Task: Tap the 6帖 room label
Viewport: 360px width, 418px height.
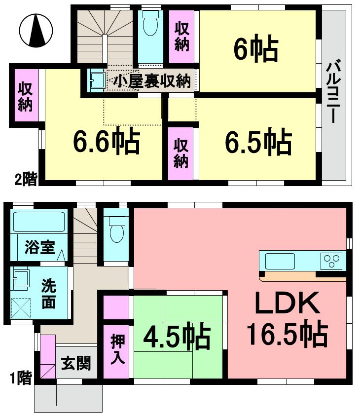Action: pos(256,48)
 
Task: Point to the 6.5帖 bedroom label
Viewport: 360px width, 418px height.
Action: pos(258,141)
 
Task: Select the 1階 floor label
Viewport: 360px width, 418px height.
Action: pos(21,379)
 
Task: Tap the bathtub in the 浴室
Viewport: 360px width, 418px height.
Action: pos(39,222)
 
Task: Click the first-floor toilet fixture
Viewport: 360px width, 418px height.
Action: pos(116,229)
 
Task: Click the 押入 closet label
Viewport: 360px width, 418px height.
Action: pos(117,349)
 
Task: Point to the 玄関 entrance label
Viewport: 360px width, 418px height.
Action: pos(76,364)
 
